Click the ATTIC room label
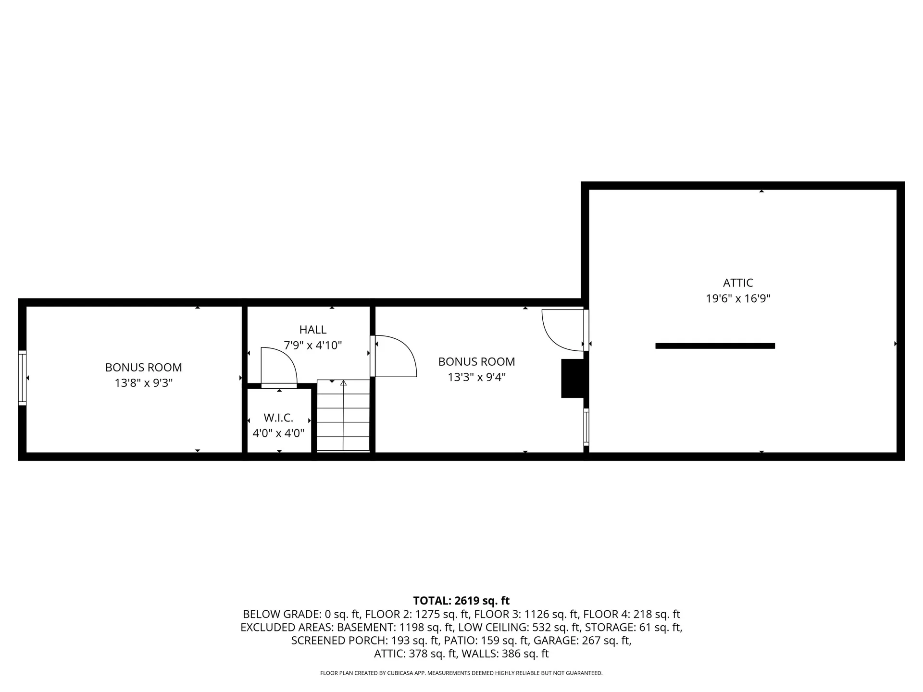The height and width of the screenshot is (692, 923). click(737, 283)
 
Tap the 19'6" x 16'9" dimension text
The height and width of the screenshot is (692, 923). click(737, 298)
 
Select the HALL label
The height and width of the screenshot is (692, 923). click(312, 330)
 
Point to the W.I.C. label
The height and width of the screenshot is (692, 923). click(278, 418)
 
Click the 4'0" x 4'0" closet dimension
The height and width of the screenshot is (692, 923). click(278, 433)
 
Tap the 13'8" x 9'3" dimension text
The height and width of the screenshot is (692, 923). click(143, 383)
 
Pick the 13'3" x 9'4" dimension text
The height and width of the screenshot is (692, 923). click(476, 377)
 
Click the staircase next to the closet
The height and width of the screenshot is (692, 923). click(343, 416)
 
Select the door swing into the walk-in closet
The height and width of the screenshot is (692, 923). click(278, 367)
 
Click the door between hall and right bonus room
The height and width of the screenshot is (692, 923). click(394, 356)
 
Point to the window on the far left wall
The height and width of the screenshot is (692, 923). click(22, 378)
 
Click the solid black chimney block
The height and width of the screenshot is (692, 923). click(573, 378)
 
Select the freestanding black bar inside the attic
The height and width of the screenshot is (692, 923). click(715, 346)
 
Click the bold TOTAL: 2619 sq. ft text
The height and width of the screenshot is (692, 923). click(461, 601)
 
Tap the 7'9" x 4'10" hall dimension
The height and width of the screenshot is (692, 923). click(312, 345)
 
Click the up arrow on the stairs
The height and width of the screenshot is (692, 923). click(343, 383)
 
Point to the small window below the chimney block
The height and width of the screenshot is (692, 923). click(586, 426)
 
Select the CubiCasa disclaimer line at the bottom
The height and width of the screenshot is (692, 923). click(461, 673)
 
